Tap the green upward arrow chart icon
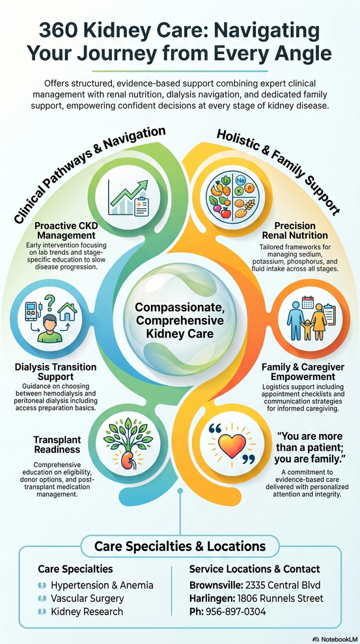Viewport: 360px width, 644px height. [128, 197]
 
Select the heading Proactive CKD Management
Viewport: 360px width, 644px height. [65, 231]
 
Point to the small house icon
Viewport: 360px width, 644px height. [68, 312]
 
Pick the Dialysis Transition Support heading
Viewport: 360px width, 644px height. [55, 371]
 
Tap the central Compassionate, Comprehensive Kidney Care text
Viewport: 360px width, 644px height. [180, 320]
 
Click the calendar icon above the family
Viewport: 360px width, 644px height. [307, 302]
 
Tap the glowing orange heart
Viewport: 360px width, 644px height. [232, 445]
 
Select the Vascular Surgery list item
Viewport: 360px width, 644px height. [87, 598]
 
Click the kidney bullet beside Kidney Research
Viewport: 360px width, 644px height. [42, 611]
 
